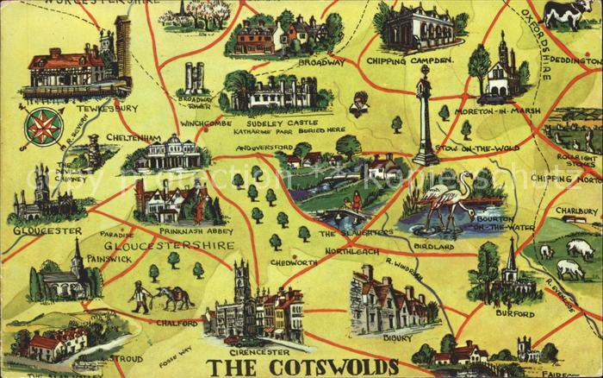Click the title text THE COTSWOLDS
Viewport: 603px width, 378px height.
click(305, 366)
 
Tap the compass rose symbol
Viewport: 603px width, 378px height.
click(38, 126)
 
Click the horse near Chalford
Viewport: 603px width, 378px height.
click(177, 297)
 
